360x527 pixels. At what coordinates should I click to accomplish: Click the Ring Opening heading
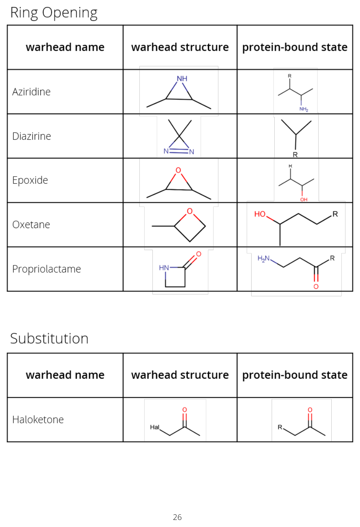pyautogui.click(x=54, y=13)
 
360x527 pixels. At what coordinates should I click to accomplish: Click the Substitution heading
pyautogui.click(x=49, y=338)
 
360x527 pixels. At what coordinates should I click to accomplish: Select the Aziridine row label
pyautogui.click(x=31, y=92)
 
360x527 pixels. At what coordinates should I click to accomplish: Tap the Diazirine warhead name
pyautogui.click(x=32, y=136)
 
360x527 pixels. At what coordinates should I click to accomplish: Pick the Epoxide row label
pyautogui.click(x=30, y=180)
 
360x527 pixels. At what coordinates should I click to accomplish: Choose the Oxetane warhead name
pyautogui.click(x=31, y=225)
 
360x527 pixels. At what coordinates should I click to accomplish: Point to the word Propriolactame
pyautogui.click(x=47, y=269)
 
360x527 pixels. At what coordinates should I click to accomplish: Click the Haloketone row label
pyautogui.click(x=38, y=420)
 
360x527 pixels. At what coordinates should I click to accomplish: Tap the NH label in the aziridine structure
pyautogui.click(x=182, y=79)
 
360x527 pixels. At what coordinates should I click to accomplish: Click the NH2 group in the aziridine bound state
pyautogui.click(x=304, y=109)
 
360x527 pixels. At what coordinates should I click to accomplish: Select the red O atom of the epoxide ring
pyautogui.click(x=179, y=170)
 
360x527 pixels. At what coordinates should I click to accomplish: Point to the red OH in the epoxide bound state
pyautogui.click(x=304, y=199)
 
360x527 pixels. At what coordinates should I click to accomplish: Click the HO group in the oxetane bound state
pyautogui.click(x=260, y=214)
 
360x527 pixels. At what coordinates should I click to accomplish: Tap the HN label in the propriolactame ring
pyautogui.click(x=164, y=268)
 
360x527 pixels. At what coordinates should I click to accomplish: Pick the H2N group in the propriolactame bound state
pyautogui.click(x=263, y=259)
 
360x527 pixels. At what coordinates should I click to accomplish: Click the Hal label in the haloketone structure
pyautogui.click(x=155, y=427)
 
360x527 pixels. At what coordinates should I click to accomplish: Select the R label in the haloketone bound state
pyautogui.click(x=280, y=427)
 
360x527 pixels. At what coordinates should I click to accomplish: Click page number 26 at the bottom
pyautogui.click(x=177, y=517)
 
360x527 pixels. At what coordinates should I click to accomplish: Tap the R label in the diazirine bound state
pyautogui.click(x=295, y=155)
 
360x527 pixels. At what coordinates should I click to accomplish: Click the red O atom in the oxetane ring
pyautogui.click(x=190, y=211)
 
